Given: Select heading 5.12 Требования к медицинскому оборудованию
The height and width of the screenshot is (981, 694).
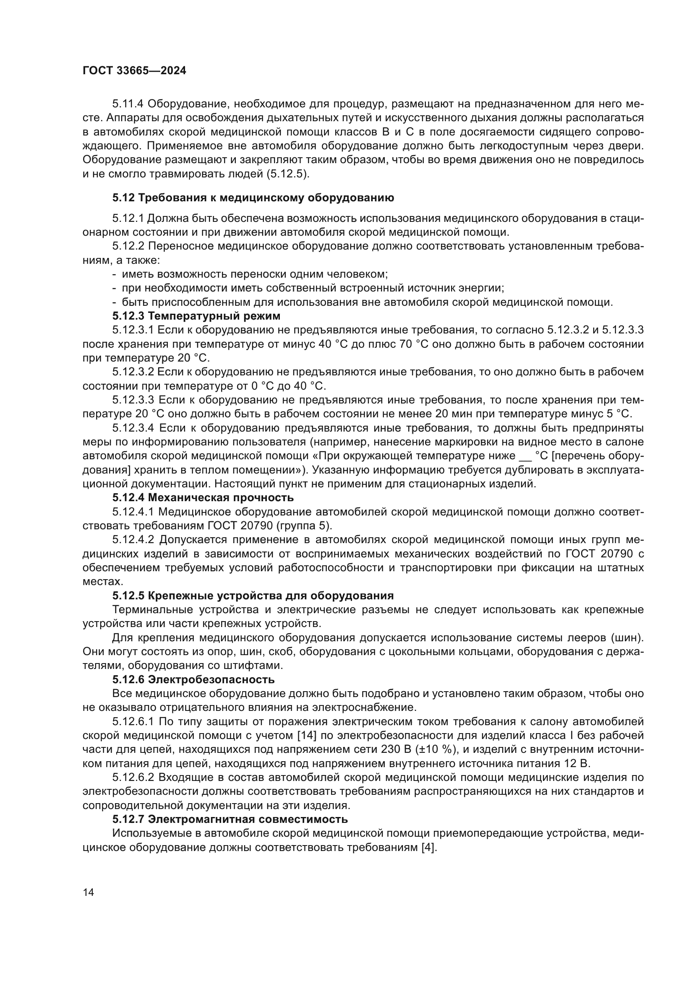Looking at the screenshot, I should pos(253,198).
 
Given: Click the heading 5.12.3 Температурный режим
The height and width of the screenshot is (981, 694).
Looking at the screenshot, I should pos(196,316).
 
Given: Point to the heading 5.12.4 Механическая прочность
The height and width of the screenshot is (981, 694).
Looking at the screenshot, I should pos(203,498).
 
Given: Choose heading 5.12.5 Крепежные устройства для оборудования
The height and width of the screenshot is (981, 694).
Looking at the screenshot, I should pos(253,596).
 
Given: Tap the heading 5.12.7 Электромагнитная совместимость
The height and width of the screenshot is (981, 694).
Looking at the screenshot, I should pos(230,820).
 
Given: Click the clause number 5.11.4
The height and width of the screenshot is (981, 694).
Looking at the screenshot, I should pos(128,104).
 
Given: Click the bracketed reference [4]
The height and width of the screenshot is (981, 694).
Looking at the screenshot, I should pos(429,847).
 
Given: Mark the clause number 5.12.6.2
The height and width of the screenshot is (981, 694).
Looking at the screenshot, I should pos(133,778).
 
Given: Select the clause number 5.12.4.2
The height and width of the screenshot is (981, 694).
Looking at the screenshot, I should pos(133,540).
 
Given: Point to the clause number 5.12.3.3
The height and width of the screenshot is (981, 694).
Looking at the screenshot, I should pos(133,400).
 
